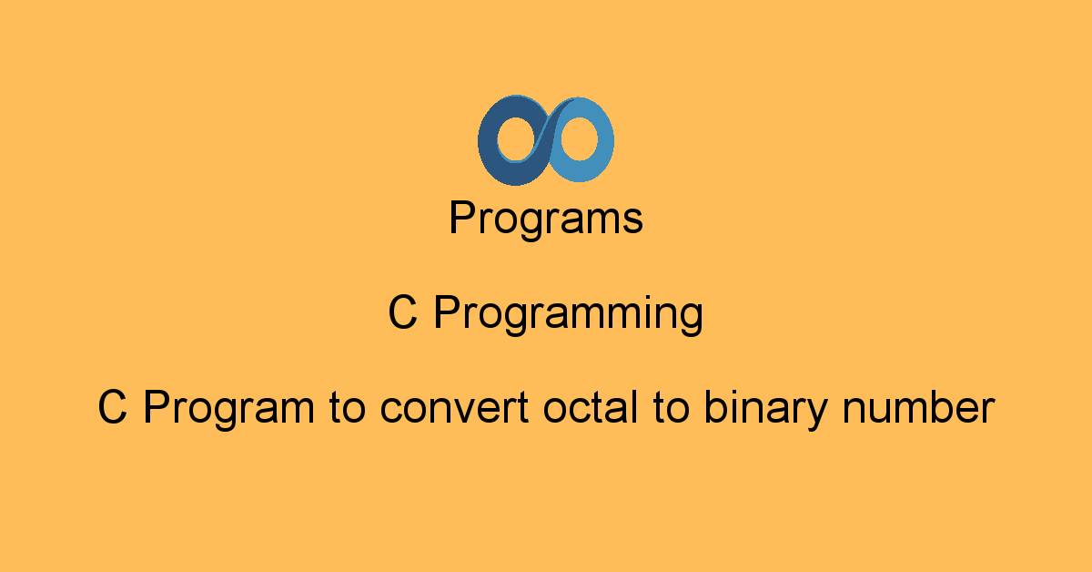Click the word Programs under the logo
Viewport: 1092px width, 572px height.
[546, 219]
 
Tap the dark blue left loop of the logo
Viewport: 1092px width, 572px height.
[488, 141]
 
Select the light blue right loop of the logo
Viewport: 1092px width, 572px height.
[604, 141]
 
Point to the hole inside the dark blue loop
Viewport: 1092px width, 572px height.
[516, 139]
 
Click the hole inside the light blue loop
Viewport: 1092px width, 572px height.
[579, 139]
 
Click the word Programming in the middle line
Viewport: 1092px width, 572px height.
[569, 314]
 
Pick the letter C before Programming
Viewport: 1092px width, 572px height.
[402, 312]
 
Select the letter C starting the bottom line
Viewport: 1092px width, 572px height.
[113, 406]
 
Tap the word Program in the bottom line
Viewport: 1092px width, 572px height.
[229, 409]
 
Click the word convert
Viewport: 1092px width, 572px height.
[454, 408]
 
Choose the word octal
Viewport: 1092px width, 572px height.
[591, 406]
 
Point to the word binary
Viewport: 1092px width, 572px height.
[766, 409]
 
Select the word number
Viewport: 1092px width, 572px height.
[918, 406]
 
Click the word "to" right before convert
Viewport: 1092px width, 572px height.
[347, 408]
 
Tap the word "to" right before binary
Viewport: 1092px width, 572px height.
[672, 408]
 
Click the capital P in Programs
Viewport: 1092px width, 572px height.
[462, 217]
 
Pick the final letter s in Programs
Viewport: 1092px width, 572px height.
[632, 221]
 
